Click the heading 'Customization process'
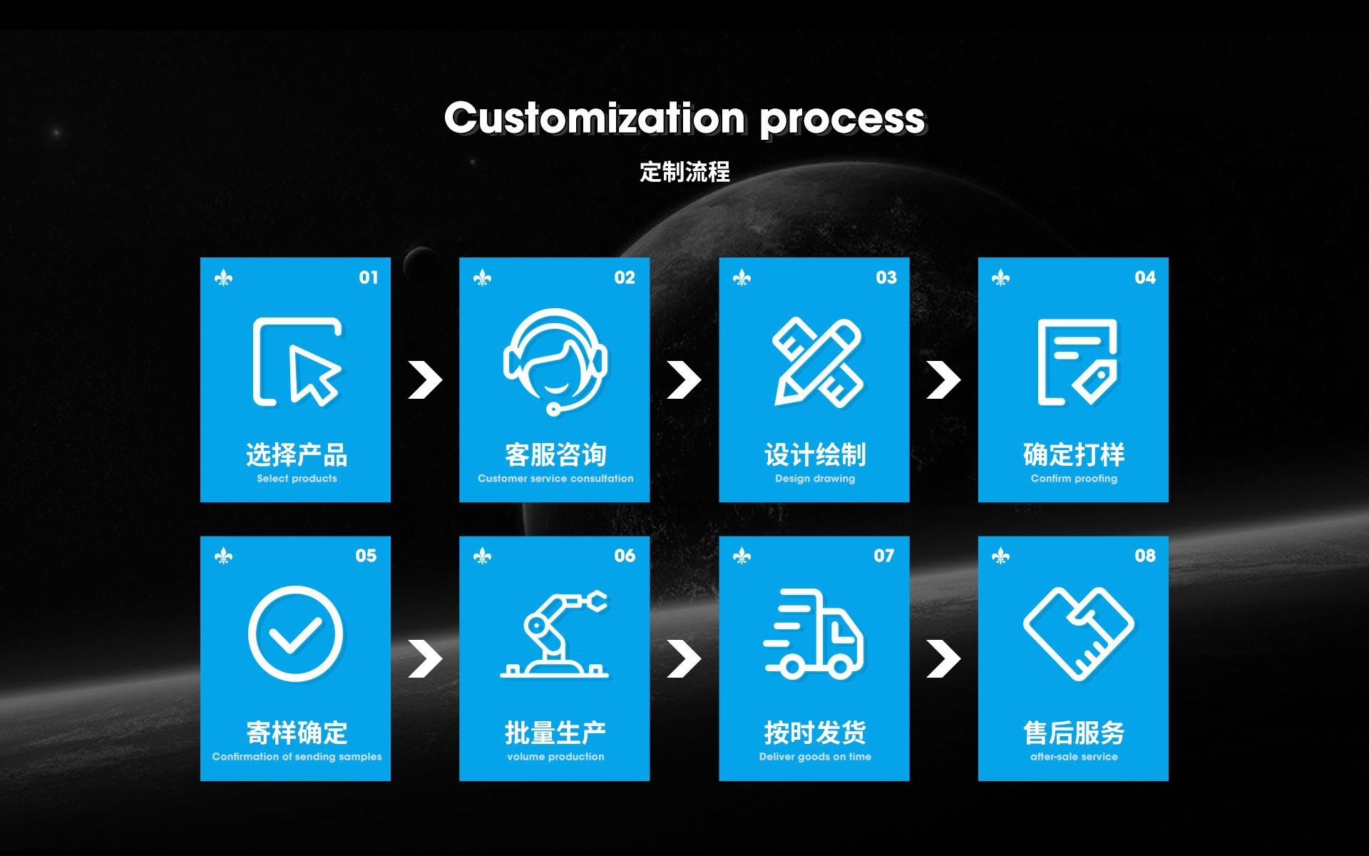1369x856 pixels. pyautogui.click(x=684, y=118)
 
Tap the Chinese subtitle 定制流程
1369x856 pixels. pyautogui.click(x=684, y=172)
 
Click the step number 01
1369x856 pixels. pyautogui.click(x=369, y=277)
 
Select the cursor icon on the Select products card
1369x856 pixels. pyautogui.click(x=297, y=362)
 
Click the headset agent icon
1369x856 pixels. pyautogui.click(x=555, y=361)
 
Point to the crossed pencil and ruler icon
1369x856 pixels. pyautogui.click(x=817, y=362)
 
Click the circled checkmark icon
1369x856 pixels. pyautogui.click(x=295, y=632)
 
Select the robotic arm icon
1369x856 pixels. pyautogui.click(x=555, y=633)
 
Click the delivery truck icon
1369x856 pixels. pyautogui.click(x=814, y=633)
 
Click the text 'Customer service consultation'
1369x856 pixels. pyautogui.click(x=555, y=479)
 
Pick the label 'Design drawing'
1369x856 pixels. pyautogui.click(x=815, y=479)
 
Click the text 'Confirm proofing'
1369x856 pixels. pyautogui.click(x=1074, y=479)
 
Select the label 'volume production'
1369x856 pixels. pyautogui.click(x=555, y=757)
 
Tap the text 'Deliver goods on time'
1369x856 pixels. pyautogui.click(x=815, y=757)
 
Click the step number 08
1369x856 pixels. pyautogui.click(x=1145, y=556)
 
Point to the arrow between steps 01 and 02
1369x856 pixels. pyautogui.click(x=425, y=379)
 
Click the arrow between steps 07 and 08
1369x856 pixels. pyautogui.click(x=943, y=658)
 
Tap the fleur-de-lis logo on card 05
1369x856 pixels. pyautogui.click(x=223, y=556)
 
